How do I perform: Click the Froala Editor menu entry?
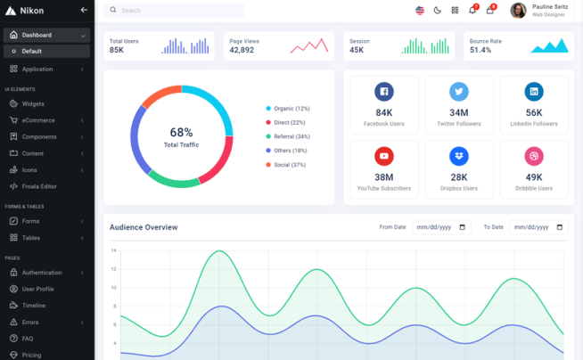(39, 186)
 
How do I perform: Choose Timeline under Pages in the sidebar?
(34, 306)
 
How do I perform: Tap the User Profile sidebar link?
(37, 289)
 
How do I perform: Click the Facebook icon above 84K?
(384, 91)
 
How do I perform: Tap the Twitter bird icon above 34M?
(459, 91)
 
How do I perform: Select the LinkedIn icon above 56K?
(534, 91)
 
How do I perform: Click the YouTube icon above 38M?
(384, 156)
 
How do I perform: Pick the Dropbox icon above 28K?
(459, 156)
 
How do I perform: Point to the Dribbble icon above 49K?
(534, 156)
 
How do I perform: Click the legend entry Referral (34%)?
(291, 136)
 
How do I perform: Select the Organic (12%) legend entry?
(291, 109)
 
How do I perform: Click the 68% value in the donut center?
(181, 132)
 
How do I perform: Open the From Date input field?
(440, 227)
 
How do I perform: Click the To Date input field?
(538, 227)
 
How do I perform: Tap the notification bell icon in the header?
(472, 11)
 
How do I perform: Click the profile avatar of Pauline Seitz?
(518, 11)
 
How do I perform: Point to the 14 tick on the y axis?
(113, 250)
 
